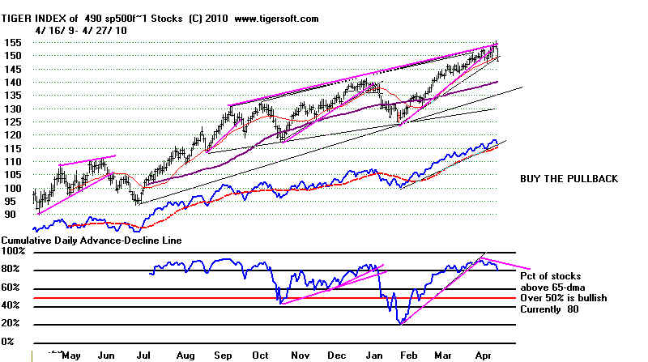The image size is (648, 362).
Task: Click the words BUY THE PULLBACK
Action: coord(569,178)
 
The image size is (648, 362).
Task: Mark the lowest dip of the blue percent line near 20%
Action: coord(400,324)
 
